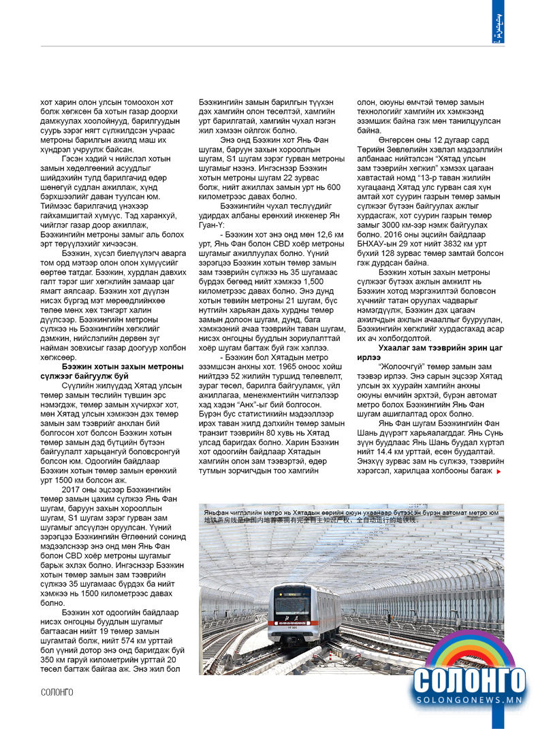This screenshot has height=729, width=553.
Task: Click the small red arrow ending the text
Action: (x=499, y=470)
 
